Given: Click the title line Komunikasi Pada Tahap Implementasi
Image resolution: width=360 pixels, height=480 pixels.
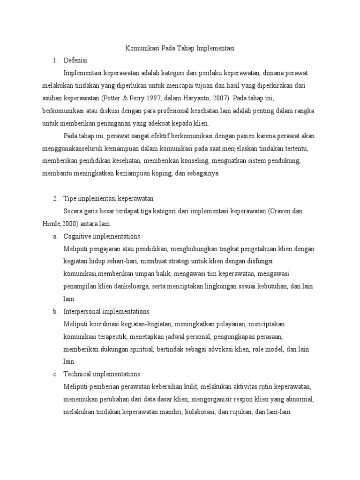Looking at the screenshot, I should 180,48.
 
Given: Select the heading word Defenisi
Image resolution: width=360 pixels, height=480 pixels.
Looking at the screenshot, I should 75,60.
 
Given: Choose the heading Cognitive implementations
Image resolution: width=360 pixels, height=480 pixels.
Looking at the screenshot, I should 102,236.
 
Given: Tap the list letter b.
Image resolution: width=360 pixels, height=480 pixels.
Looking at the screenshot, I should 55,311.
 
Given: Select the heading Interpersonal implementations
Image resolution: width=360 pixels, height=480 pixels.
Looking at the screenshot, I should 106,311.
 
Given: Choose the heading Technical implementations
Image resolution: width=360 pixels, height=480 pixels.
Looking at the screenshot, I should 102,374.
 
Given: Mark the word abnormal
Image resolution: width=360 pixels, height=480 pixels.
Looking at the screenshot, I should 300,399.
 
